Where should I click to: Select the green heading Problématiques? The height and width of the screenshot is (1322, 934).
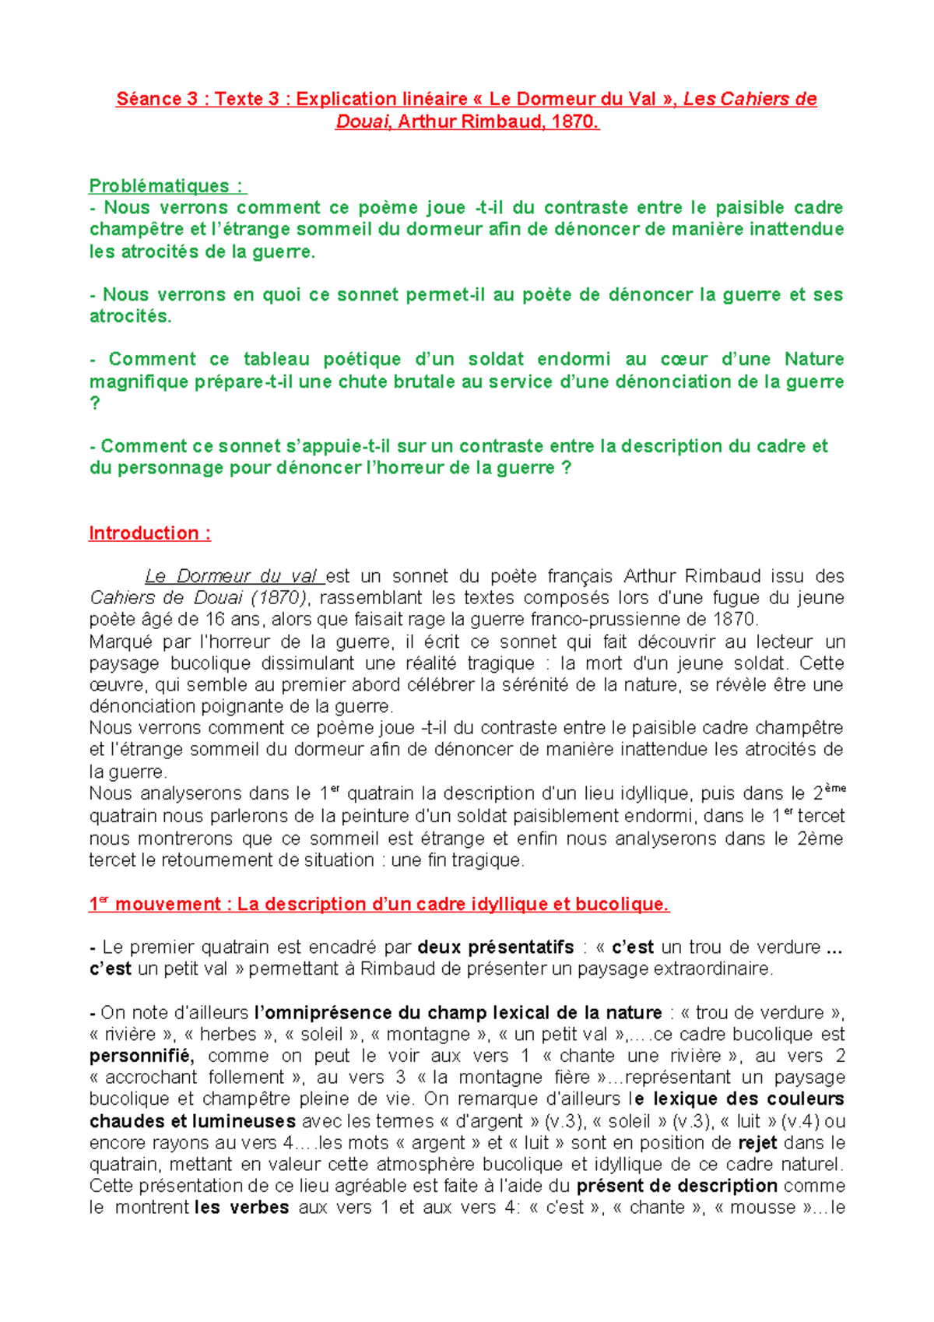160,186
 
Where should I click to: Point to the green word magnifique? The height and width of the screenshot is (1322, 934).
136,381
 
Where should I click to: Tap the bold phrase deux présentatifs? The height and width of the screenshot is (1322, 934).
496,948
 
